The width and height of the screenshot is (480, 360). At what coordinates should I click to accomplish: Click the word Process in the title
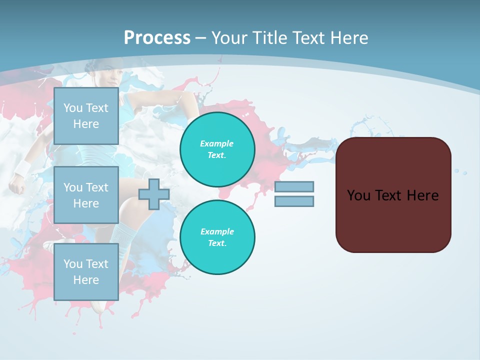click(x=157, y=38)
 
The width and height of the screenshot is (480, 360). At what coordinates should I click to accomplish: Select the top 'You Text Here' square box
click(x=86, y=116)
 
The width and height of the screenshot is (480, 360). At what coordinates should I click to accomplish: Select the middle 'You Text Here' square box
click(x=86, y=195)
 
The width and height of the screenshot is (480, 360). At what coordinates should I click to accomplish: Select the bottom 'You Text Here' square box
click(x=86, y=272)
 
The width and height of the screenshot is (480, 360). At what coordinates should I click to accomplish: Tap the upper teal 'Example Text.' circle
click(x=217, y=149)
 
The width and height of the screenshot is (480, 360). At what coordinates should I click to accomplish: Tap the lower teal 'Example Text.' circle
click(x=217, y=237)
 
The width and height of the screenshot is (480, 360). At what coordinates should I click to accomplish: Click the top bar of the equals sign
click(x=294, y=186)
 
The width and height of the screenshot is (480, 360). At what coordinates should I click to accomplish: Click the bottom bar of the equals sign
click(x=294, y=201)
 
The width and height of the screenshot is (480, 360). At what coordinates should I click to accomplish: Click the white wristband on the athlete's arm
click(x=23, y=168)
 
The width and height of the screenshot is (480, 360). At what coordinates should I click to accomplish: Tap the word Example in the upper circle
click(x=216, y=143)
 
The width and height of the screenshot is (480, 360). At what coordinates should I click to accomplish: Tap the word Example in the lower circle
click(x=217, y=231)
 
